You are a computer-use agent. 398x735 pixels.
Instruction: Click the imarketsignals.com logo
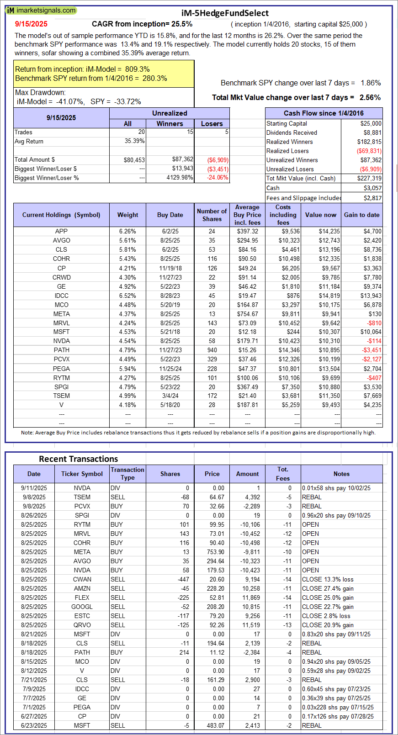(41, 11)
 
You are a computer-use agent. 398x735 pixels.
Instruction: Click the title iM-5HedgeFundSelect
(225, 13)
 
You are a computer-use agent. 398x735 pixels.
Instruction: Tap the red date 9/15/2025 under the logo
(31, 24)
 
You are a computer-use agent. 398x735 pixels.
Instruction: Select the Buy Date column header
(170, 215)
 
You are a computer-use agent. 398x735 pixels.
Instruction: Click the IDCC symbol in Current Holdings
(61, 296)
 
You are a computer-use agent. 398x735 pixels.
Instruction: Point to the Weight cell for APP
(127, 231)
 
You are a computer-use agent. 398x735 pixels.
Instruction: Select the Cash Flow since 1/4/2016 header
(324, 113)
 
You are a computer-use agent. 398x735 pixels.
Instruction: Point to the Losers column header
(212, 124)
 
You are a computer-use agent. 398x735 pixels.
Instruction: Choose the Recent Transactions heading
(78, 459)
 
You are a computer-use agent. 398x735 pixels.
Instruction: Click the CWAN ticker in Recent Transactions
(82, 579)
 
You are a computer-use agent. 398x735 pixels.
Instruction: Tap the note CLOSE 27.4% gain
(328, 588)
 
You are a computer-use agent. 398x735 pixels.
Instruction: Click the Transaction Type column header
(127, 474)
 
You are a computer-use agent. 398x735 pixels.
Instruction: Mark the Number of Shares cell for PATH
(212, 350)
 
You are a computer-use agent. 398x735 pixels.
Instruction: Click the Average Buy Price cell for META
(247, 314)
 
